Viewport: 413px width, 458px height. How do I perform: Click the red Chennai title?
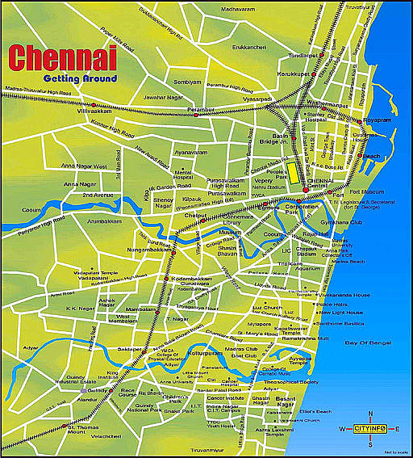[62, 58]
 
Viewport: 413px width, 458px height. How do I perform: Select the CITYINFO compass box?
[371, 428]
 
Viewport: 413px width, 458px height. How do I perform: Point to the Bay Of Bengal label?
[367, 344]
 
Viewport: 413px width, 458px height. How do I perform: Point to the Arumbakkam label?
[103, 220]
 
